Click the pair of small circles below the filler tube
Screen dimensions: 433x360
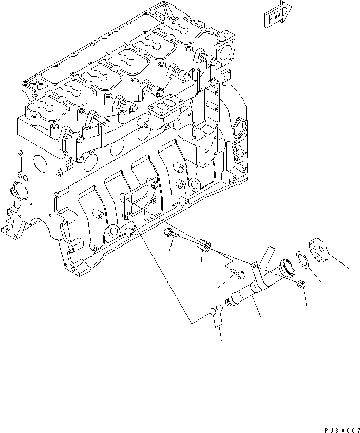pyautogui.click(x=215, y=310)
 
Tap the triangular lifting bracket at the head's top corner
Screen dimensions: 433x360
pyautogui.click(x=159, y=11)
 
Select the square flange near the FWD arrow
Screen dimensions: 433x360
pyautogui.click(x=226, y=51)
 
